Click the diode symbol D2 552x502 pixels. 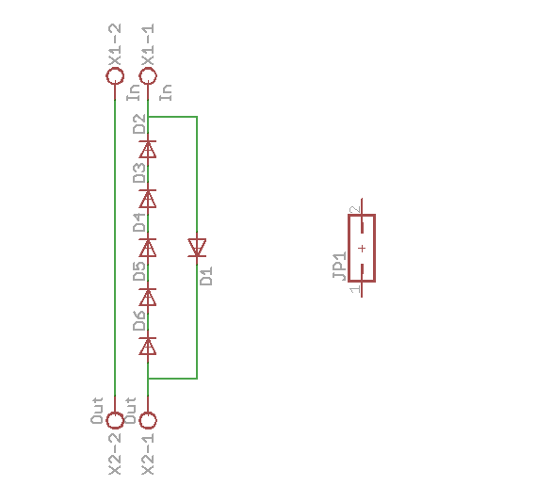(x=148, y=149)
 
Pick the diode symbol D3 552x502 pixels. (x=148, y=199)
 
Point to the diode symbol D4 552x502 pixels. (x=148, y=248)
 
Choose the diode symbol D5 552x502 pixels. (x=148, y=297)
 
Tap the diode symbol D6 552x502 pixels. (x=148, y=346)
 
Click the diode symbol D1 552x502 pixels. (x=197, y=248)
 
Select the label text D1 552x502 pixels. (x=206, y=276)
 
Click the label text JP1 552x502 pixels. (x=339, y=266)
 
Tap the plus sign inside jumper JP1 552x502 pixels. (x=362, y=249)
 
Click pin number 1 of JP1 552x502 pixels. (x=355, y=289)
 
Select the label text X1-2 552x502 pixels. (x=115, y=44)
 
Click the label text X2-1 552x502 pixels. (x=148, y=454)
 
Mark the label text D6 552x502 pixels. (x=139, y=321)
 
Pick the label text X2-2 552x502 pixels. (x=115, y=454)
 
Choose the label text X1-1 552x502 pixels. (x=148, y=44)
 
